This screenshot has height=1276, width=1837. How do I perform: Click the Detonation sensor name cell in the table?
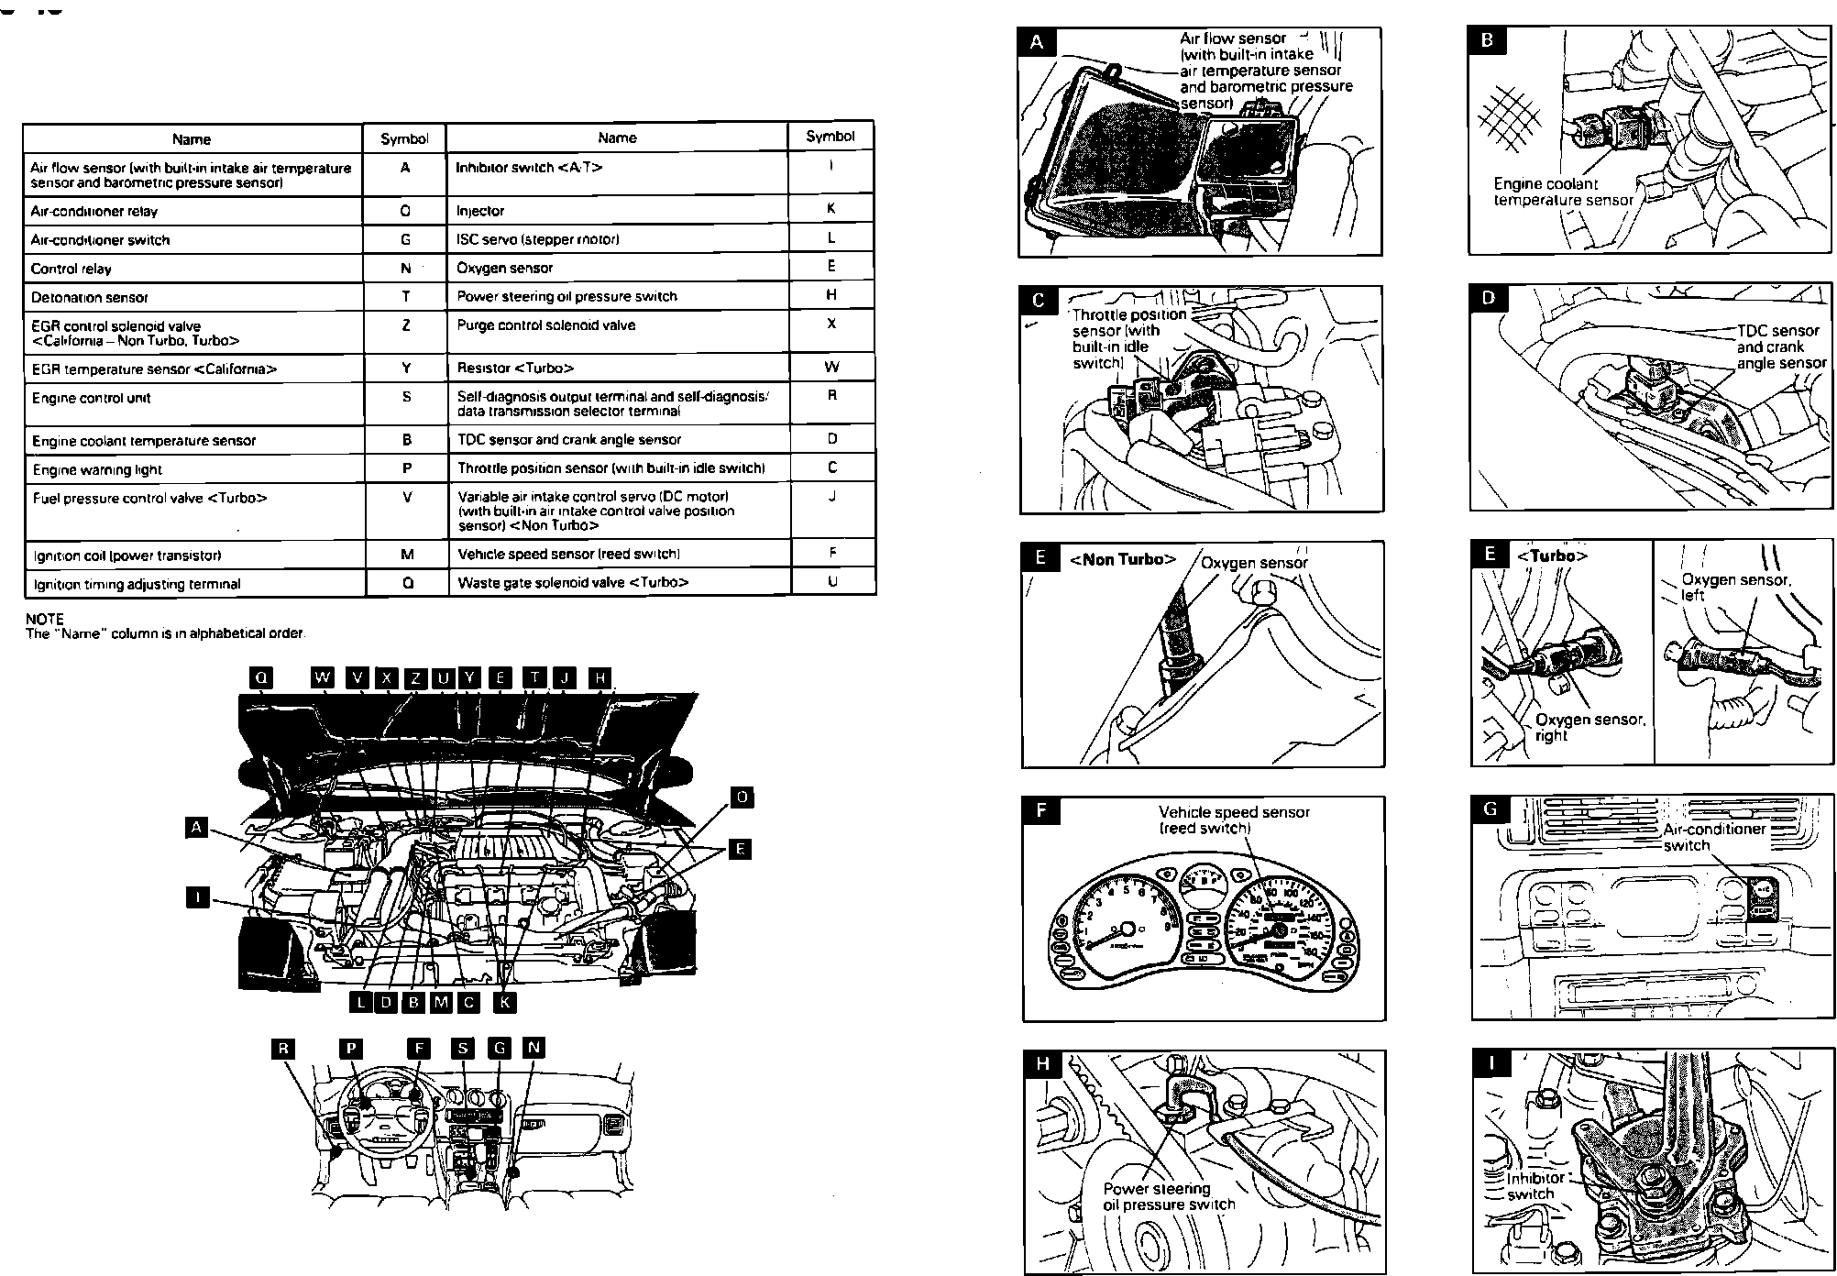point(90,298)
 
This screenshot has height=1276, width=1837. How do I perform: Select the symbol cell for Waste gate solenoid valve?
point(832,581)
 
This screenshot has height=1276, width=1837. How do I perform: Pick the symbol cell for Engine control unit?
point(406,397)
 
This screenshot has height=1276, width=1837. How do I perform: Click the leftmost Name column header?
point(192,139)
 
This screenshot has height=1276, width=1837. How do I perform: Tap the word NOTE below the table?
point(44,620)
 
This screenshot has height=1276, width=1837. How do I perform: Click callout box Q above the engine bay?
point(261,677)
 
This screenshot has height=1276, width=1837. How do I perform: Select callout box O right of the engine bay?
point(742,797)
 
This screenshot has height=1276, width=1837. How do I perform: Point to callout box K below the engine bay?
point(504,1002)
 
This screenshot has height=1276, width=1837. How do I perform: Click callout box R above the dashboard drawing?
point(285,1049)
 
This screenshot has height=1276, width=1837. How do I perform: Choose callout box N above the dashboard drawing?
point(533,1048)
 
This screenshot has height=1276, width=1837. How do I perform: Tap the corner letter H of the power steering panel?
point(1041,1063)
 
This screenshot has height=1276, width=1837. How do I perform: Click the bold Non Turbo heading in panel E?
point(1122,559)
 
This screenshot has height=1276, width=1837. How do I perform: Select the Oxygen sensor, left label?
point(1734,587)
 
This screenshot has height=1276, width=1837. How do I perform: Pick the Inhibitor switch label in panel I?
point(1534,1185)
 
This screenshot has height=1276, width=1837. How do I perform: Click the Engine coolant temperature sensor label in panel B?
point(1563,192)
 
